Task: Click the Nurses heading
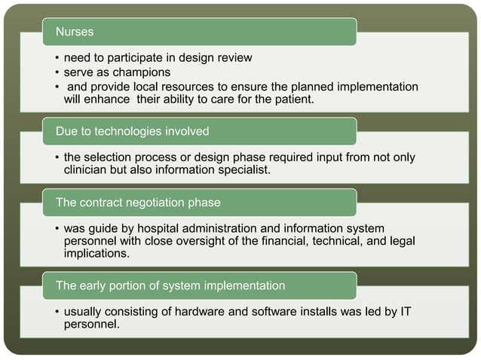(75, 32)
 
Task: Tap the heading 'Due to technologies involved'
(132, 131)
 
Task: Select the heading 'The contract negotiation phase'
(138, 203)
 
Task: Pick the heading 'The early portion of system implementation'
(170, 285)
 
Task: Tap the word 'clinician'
(92, 170)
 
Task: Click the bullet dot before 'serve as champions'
(57, 73)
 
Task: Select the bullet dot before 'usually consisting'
(57, 312)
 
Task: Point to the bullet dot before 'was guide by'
(57, 229)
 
